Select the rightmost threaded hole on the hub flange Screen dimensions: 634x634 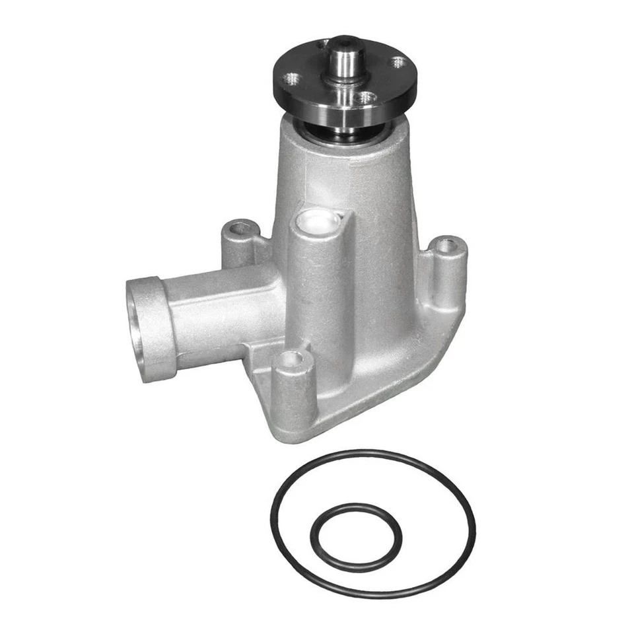click(x=398, y=63)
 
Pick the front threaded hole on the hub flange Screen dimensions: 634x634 click(x=365, y=98)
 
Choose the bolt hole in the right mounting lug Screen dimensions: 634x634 click(x=447, y=245)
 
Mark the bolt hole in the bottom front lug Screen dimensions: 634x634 click(x=291, y=359)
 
